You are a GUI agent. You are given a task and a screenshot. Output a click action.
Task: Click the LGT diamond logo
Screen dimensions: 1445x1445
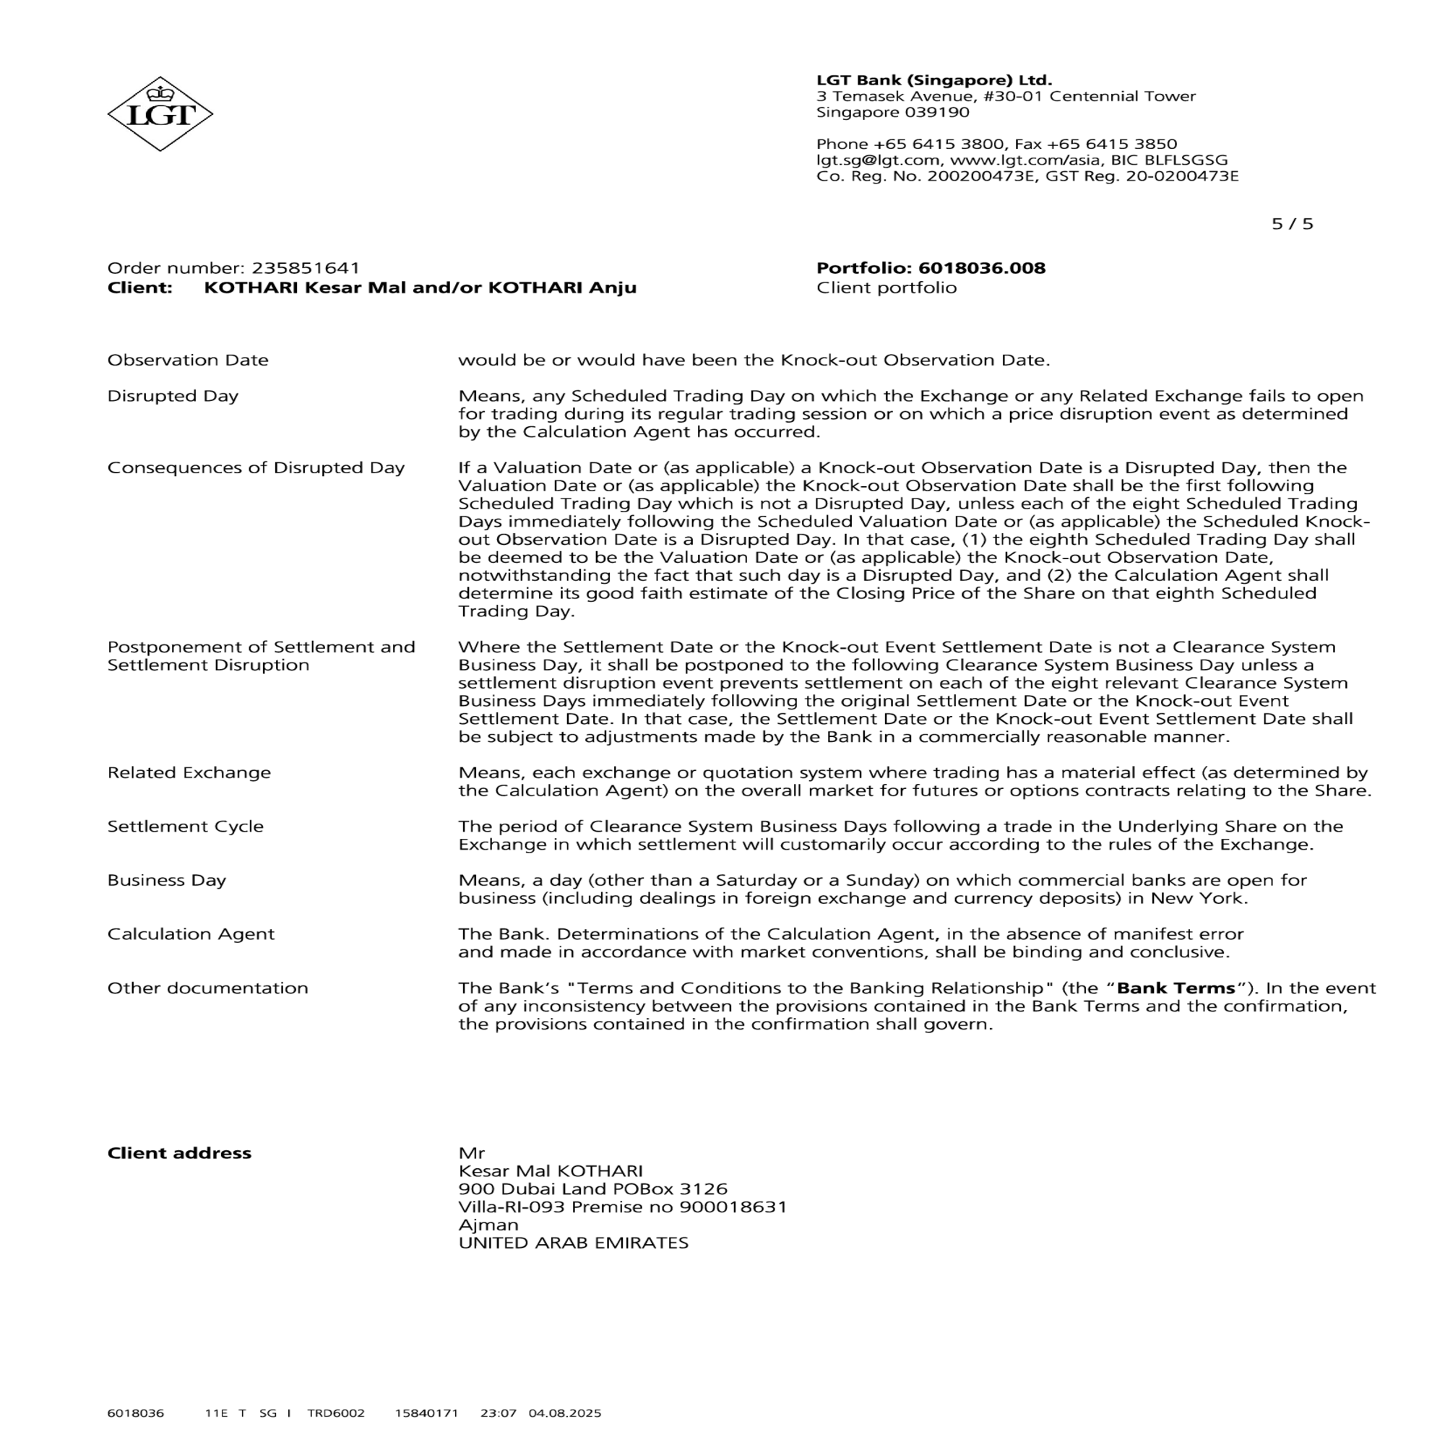pos(160,113)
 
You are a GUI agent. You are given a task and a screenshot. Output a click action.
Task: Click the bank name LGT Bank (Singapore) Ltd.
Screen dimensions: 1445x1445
pos(933,80)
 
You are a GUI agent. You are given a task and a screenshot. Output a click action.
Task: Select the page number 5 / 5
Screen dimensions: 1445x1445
pos(1292,225)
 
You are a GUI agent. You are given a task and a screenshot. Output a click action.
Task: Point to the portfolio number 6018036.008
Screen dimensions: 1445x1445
pos(981,268)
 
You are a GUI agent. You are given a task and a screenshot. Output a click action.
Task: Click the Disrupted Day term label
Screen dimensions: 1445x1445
pos(173,396)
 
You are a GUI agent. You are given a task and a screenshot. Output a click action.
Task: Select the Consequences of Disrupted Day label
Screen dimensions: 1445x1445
pos(256,467)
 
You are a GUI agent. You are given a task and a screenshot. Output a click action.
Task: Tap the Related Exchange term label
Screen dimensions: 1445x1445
pos(189,772)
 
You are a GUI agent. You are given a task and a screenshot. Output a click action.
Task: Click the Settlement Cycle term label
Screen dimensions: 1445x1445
pos(186,827)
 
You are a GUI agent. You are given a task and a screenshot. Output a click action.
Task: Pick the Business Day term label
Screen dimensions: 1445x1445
pos(167,880)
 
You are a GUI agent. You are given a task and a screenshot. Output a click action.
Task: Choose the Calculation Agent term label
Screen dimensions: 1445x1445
pos(191,934)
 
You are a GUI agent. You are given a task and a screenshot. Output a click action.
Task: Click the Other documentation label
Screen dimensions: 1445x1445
pos(208,988)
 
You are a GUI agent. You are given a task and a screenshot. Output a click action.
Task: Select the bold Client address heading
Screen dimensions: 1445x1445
pos(179,1152)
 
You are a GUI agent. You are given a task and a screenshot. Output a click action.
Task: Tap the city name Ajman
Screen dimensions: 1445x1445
pos(488,1225)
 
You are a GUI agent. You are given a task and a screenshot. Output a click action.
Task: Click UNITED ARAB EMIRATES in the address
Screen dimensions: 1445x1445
pos(573,1242)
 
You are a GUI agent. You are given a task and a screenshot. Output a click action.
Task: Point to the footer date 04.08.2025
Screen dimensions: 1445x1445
pos(565,1412)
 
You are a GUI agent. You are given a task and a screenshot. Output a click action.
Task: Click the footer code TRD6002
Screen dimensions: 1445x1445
pos(336,1412)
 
